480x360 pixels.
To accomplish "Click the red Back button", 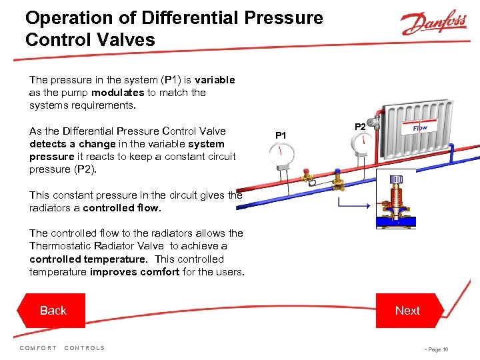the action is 53,311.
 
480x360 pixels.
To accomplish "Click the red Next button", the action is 407,311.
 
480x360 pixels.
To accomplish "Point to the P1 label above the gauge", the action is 281,136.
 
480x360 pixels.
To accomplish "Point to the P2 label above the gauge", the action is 359,126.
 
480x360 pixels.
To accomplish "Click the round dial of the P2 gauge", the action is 361,145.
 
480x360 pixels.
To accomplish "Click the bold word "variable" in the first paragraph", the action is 215,80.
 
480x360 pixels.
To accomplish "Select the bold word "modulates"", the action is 117,93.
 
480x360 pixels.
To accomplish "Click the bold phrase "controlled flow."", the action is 123,207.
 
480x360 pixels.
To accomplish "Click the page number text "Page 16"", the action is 437,349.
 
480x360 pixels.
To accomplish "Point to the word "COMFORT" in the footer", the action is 38,348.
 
